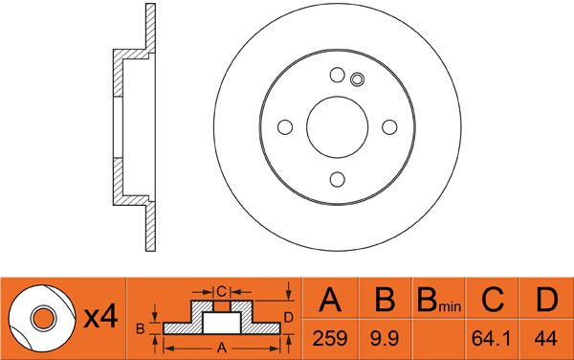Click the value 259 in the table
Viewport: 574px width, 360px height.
pos(329,338)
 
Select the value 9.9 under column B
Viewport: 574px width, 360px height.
pos(384,338)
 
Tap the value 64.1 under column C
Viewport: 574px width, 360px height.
pos(491,338)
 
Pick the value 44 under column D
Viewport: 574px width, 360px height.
pos(545,338)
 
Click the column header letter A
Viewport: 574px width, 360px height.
pos(330,300)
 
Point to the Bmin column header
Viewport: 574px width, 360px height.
pos(439,301)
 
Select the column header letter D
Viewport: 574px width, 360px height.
pos(546,300)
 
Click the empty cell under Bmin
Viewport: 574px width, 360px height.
pos(438,339)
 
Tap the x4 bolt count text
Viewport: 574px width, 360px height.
pos(100,317)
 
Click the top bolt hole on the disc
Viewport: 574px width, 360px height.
pos(337,75)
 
